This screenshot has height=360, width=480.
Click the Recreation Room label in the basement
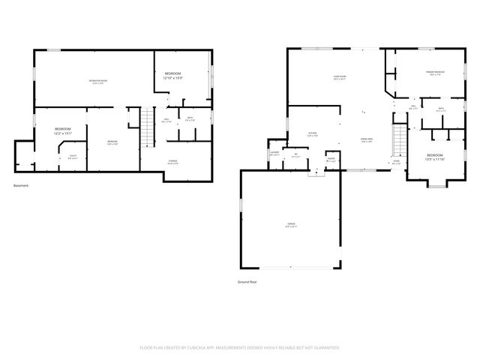tap(98, 81)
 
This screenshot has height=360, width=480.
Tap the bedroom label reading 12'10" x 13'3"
tap(173, 75)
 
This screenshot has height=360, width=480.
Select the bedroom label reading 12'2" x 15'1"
tap(63, 131)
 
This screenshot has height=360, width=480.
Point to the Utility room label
tap(73, 157)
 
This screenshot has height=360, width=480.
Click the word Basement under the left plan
tap(21, 185)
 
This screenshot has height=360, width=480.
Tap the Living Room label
tap(339, 77)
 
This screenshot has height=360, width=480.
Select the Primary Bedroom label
tap(435, 73)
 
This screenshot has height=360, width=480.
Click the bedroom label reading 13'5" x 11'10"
tap(435, 158)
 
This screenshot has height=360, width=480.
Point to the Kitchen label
tap(313, 135)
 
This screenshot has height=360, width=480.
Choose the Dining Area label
tap(367, 140)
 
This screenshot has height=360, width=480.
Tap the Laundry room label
tap(274, 154)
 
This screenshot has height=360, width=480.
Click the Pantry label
tap(330, 159)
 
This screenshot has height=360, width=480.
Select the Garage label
tap(289, 225)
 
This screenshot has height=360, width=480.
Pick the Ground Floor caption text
tap(247, 283)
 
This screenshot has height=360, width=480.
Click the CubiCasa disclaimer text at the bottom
tap(240, 348)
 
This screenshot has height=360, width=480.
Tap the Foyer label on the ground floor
tap(396, 162)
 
